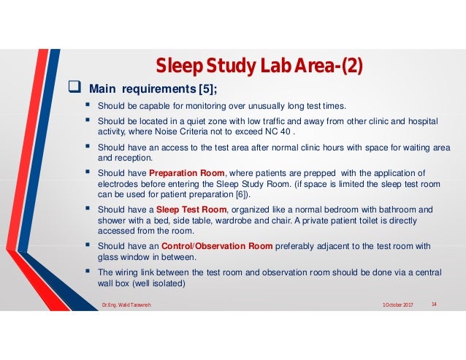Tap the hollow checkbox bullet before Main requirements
(x=74, y=90)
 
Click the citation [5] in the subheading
(x=202, y=91)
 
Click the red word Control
(x=180, y=246)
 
